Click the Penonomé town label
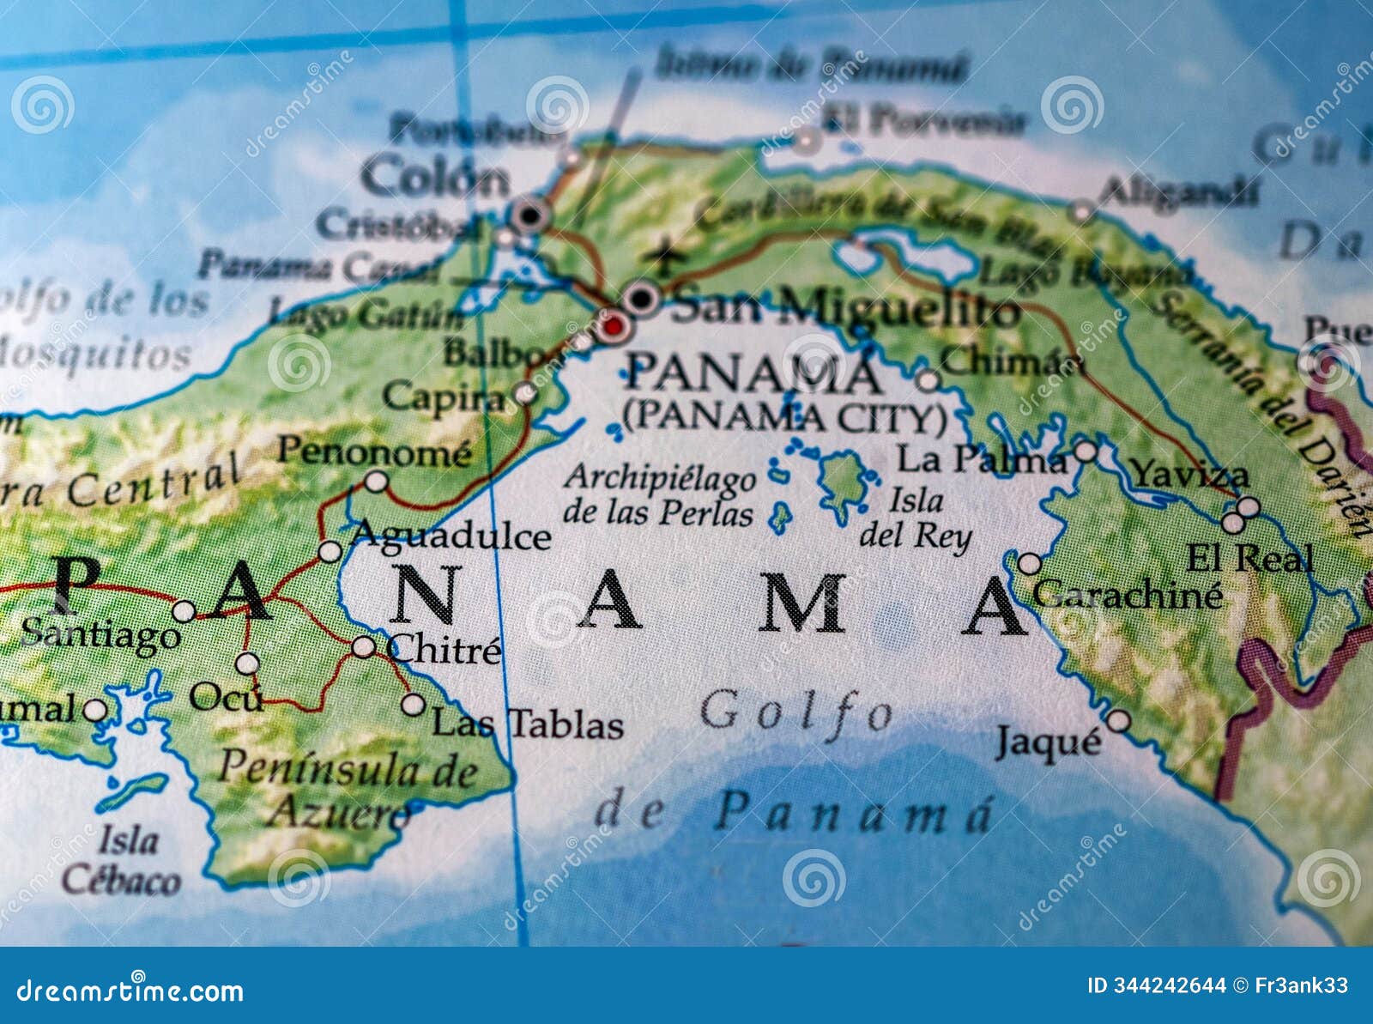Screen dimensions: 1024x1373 (374, 451)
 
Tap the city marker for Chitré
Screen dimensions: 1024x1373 (364, 646)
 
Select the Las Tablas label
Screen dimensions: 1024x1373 (527, 724)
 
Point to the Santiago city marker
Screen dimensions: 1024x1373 (184, 611)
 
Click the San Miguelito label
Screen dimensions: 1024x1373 (844, 307)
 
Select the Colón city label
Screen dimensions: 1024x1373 (434, 179)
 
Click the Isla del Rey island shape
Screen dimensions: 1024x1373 (841, 481)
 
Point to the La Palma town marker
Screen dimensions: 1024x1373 (1086, 451)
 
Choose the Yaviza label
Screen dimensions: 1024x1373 (1177, 474)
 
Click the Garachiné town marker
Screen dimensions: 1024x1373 (1029, 564)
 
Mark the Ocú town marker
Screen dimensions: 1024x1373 (247, 663)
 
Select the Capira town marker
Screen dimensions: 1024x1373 (525, 394)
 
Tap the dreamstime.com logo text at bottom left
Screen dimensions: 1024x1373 (130, 991)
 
